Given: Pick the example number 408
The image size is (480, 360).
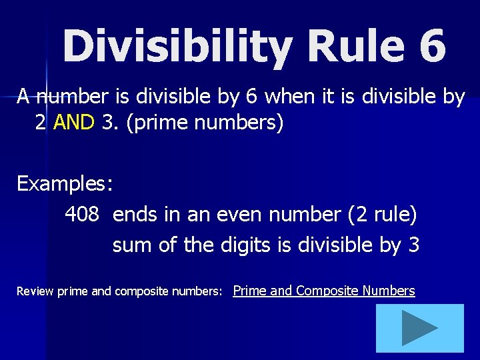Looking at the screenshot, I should point(82,214).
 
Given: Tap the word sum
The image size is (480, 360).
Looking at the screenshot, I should point(132,245).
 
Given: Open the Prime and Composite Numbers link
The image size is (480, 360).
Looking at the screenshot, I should point(324,291).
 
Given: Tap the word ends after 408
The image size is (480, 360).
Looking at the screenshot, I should point(133,214).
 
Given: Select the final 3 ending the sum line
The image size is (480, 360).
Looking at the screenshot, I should point(413,245).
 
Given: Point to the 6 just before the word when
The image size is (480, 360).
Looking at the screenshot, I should point(251,97).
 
